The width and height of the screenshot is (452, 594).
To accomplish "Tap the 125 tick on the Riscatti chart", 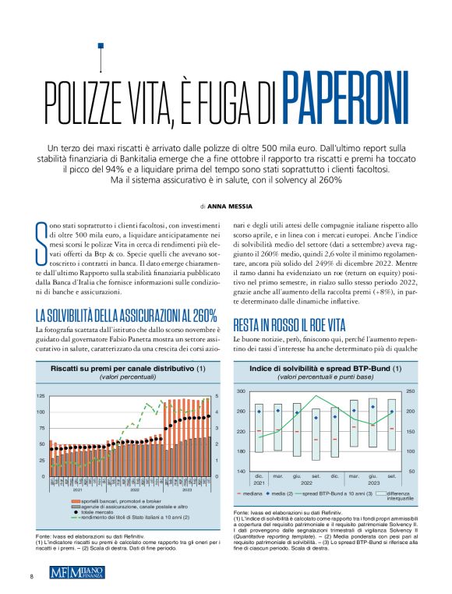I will [x=41, y=396].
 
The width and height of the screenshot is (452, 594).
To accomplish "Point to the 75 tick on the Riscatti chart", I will [x=42, y=428].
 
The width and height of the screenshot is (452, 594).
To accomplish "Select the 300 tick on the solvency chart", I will [x=241, y=391].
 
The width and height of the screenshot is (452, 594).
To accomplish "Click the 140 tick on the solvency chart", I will [x=241, y=472].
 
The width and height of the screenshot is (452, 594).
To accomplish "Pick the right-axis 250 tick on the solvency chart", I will [x=410, y=391].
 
